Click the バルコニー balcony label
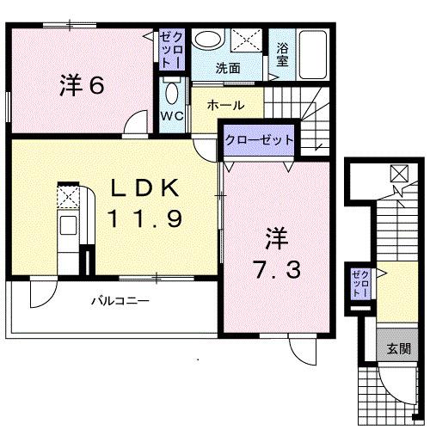120,302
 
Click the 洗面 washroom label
228,68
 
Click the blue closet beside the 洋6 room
169,51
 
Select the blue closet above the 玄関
359,284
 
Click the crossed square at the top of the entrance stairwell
401,173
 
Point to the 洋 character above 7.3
275,234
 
